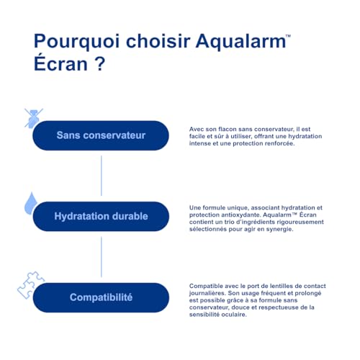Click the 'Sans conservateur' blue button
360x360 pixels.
pyautogui.click(x=101, y=135)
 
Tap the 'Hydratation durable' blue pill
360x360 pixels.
pyautogui.click(x=101, y=216)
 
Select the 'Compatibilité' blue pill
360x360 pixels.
pyautogui.click(x=101, y=297)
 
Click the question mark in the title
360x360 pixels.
pyautogui.click(x=99, y=66)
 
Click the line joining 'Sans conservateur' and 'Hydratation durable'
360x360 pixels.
pyautogui.click(x=101, y=176)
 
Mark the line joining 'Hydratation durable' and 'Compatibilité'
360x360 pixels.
pyautogui.click(x=101, y=256)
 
